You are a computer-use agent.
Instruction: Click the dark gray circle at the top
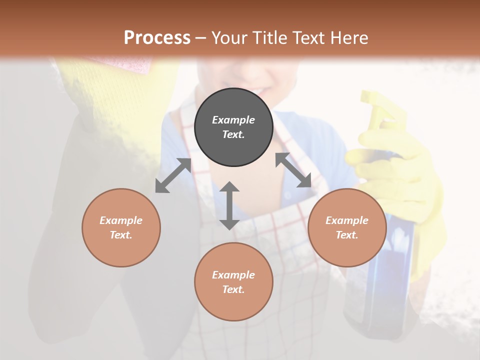[233, 127]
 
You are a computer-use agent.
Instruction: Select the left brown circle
[121, 227]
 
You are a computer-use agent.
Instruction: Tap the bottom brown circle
[233, 282]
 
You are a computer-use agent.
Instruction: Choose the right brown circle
[347, 227]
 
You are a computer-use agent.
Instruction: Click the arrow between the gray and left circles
[173, 175]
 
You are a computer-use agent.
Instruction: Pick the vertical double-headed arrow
[229, 205]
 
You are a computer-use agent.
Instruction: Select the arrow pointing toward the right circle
[293, 170]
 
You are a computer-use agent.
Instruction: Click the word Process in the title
[157, 37]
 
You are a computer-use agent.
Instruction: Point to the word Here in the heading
[348, 37]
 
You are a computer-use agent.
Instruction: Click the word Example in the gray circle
[233, 120]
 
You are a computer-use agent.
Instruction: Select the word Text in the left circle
[121, 235]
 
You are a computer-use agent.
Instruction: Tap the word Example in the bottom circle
[233, 274]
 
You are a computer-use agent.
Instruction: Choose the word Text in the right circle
[347, 235]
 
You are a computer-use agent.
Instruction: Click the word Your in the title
[228, 37]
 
